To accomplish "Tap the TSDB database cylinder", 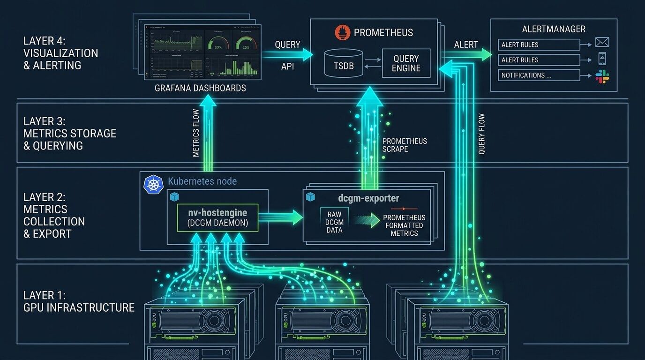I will point(344,63).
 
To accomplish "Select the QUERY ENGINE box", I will point(406,63).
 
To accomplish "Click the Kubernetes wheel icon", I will point(153,184).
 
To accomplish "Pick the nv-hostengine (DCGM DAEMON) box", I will point(217,217).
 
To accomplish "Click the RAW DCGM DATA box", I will point(335,222).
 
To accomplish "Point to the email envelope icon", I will point(602,42).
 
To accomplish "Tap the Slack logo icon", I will point(602,76).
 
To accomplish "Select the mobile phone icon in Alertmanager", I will point(602,59).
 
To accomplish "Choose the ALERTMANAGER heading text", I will point(554,29).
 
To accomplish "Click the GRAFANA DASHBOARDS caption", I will point(201,88).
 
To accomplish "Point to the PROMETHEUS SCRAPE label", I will point(405,145).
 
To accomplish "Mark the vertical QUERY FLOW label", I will point(481,134).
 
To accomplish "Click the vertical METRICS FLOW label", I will point(196,133).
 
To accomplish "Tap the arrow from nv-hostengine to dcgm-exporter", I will point(281,217).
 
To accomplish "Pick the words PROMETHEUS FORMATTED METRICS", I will point(404,225).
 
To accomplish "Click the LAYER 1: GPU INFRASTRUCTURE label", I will point(79,301).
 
